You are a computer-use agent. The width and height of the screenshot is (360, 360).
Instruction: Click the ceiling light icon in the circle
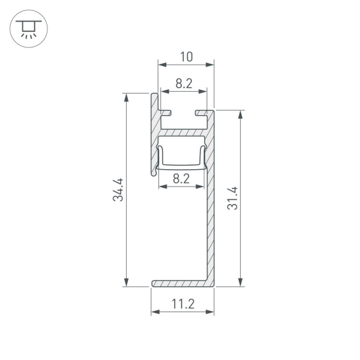tap(28, 28)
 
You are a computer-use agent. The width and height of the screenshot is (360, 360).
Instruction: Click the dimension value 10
tap(186, 57)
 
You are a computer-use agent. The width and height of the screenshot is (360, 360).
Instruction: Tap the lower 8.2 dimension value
tap(181, 178)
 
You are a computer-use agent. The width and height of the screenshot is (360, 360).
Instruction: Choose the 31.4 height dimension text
tap(233, 199)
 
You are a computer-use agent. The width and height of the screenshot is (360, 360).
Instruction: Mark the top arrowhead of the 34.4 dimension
tap(127, 97)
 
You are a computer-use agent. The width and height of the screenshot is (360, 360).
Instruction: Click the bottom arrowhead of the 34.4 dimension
tap(127, 283)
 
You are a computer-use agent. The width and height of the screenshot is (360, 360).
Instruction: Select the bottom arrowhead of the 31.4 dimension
tap(241, 283)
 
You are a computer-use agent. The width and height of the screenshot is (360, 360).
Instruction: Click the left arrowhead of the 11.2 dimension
tap(154, 312)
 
